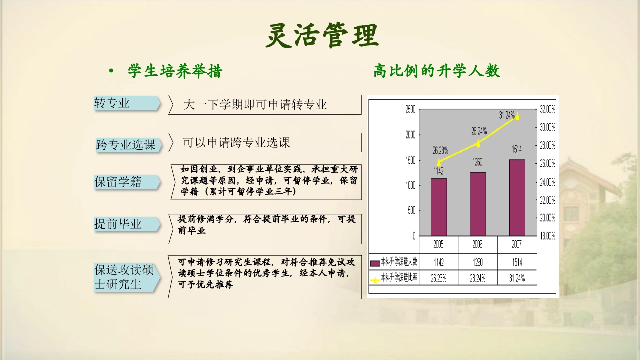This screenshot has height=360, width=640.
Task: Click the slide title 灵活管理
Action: click(x=322, y=35)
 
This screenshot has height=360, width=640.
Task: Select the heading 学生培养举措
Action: click(x=175, y=72)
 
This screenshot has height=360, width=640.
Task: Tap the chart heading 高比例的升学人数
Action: click(x=436, y=71)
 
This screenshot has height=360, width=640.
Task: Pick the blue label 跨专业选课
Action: click(x=126, y=145)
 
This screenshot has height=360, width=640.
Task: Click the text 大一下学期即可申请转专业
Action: click(x=255, y=105)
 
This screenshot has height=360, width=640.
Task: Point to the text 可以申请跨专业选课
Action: click(x=237, y=143)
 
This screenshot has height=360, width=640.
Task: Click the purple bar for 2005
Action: click(x=438, y=207)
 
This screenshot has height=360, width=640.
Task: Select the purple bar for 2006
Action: click(x=477, y=204)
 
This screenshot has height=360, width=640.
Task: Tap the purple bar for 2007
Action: click(x=517, y=197)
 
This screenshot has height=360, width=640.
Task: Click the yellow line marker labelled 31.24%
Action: click(x=517, y=117)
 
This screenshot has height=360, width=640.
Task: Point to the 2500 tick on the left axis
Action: click(x=410, y=109)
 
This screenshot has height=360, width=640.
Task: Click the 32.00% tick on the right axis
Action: click(x=547, y=109)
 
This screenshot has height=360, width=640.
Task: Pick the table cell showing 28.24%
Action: click(x=478, y=278)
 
